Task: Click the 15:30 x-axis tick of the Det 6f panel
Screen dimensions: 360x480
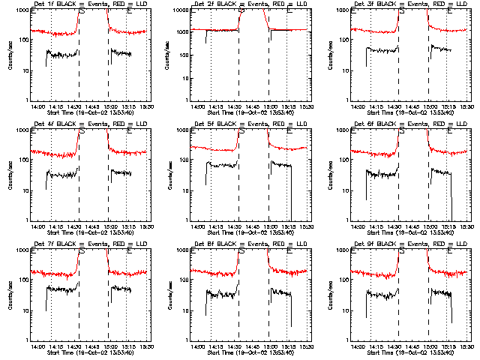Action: pyautogui.click(x=468, y=226)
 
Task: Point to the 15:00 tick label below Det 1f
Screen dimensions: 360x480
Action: pyautogui.click(x=109, y=106)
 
